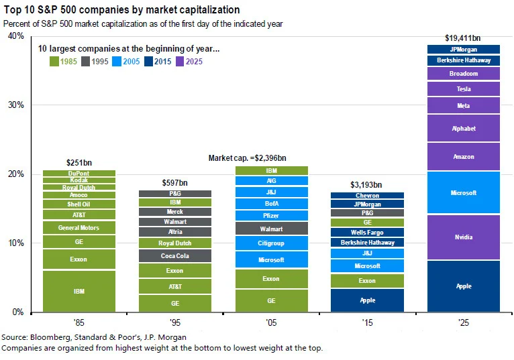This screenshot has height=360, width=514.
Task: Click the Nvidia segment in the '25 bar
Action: tap(464, 237)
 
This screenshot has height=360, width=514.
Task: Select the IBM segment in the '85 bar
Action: tap(79, 292)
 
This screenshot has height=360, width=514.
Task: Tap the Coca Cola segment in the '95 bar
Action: tap(175, 255)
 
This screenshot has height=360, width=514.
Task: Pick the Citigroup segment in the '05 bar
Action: tap(271, 243)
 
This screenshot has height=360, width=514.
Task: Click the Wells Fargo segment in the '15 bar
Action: tap(367, 232)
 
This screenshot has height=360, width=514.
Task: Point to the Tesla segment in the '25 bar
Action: tap(464, 89)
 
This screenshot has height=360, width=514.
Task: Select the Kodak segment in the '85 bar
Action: tap(79, 180)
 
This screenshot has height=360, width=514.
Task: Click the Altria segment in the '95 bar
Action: tap(175, 232)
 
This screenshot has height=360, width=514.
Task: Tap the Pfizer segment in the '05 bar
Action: tap(271, 216)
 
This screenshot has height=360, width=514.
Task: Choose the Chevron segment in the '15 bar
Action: tap(367, 196)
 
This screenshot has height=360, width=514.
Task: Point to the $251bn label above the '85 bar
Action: tap(79, 162)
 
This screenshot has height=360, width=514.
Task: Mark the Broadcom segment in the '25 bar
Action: tap(464, 74)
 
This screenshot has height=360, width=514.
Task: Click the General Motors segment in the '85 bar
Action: tap(79, 228)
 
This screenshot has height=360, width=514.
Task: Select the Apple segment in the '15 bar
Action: tap(367, 300)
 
